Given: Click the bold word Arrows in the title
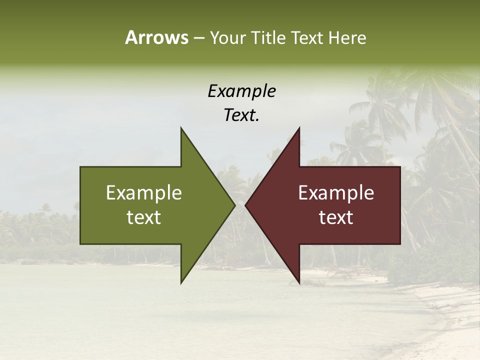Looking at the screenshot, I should click(x=157, y=37).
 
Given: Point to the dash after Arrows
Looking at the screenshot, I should click(x=198, y=38).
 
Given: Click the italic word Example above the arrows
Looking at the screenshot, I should click(x=242, y=91).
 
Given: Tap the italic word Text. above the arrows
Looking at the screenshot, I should click(x=241, y=115).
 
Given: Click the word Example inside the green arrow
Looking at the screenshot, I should click(x=144, y=192).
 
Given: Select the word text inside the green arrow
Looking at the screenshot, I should click(x=144, y=217).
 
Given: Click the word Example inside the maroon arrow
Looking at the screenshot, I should click(x=336, y=192).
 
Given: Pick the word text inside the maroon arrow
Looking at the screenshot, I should click(x=336, y=217).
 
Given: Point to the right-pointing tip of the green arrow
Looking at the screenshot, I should click(x=235, y=205).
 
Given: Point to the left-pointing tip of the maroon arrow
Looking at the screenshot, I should click(x=245, y=205).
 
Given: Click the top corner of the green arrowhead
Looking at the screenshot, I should click(x=181, y=128).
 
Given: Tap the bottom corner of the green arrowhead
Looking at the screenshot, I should click(x=181, y=283).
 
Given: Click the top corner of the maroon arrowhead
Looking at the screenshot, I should click(x=299, y=128).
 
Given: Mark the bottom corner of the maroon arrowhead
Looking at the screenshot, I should click(x=299, y=283).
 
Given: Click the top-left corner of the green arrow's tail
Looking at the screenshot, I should click(x=80, y=167).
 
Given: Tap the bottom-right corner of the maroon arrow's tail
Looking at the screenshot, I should click(x=400, y=243).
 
